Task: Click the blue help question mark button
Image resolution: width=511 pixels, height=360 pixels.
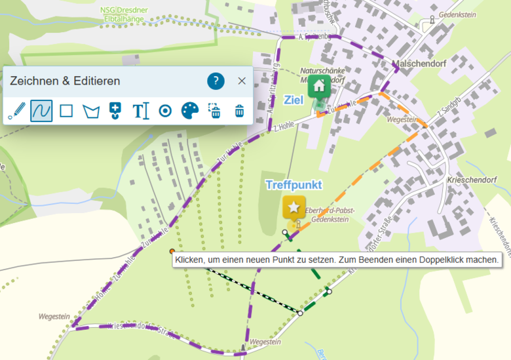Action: point(216,81)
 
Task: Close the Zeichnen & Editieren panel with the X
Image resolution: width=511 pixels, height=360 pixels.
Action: point(242,81)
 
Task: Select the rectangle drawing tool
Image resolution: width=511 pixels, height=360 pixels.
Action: point(66,110)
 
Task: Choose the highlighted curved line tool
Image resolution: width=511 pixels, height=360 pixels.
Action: point(41,110)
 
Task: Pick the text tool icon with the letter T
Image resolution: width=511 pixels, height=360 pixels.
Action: point(141,111)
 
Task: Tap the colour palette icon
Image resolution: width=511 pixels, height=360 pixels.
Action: point(189,110)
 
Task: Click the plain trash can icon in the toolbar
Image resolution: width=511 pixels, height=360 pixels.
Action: point(240,111)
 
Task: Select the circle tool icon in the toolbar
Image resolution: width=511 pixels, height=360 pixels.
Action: point(165,111)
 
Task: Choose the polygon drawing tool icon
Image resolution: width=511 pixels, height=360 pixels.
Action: point(90,111)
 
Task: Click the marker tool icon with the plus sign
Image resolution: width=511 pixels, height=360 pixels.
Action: point(115,110)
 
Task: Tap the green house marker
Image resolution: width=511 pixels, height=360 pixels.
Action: point(319,85)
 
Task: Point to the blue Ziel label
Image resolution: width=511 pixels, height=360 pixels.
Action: point(293,100)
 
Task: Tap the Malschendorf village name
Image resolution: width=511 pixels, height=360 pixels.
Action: point(417,64)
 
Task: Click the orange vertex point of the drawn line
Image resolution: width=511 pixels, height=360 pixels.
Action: point(172,251)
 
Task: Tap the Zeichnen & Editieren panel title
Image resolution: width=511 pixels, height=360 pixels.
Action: point(65,81)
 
